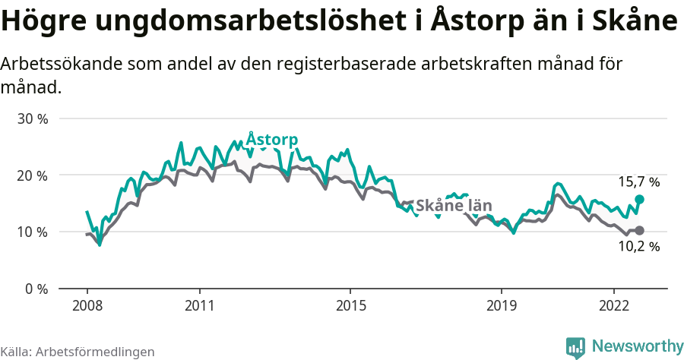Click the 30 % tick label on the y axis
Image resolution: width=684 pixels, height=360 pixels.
click(x=33, y=119)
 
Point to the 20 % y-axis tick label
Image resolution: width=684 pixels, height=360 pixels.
click(x=33, y=175)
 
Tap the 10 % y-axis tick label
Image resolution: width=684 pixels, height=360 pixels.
click(x=33, y=232)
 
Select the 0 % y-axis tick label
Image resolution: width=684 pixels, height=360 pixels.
click(x=36, y=289)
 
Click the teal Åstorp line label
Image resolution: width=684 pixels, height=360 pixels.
click(x=272, y=140)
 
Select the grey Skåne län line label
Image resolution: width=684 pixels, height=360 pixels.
click(x=454, y=205)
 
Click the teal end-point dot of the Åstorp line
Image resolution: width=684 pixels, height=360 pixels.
click(x=639, y=199)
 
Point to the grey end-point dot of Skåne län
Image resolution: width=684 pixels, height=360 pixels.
click(x=639, y=230)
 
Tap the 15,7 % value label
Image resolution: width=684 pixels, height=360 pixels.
click(x=638, y=182)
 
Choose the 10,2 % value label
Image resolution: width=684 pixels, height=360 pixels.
click(x=638, y=247)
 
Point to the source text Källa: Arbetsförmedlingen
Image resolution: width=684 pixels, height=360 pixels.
click(x=78, y=352)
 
